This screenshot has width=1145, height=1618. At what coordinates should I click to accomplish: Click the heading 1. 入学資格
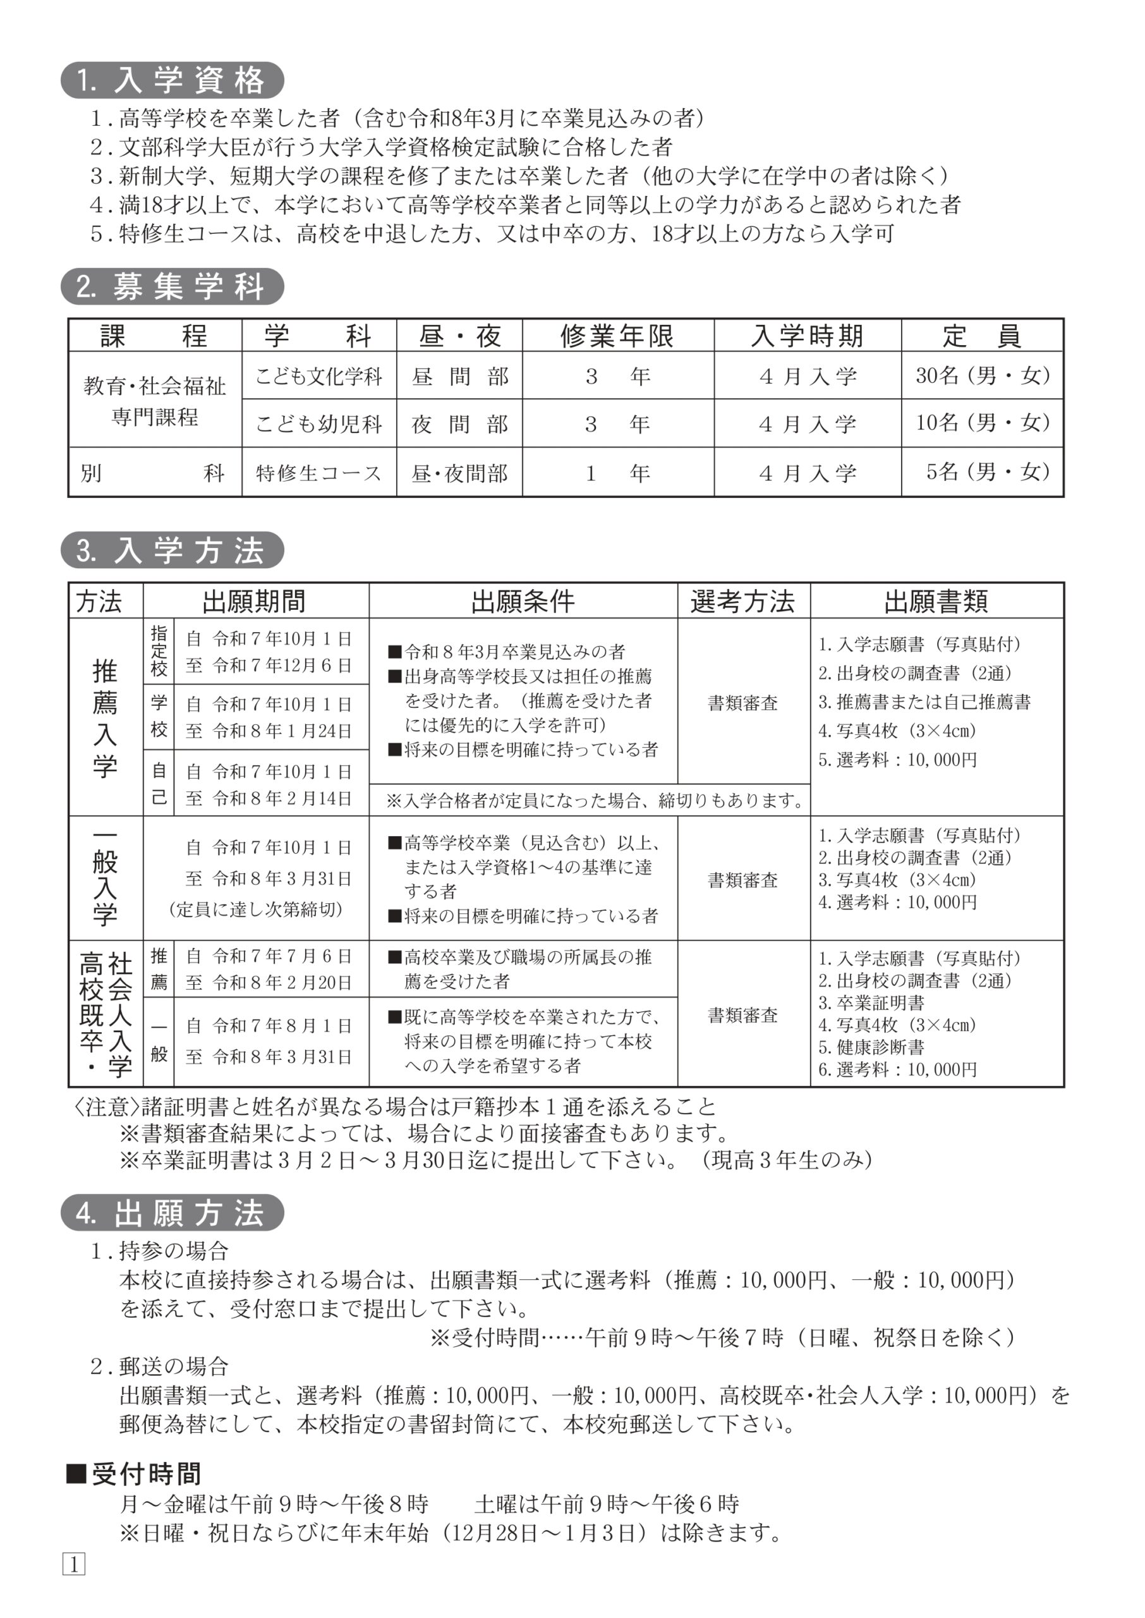point(172,80)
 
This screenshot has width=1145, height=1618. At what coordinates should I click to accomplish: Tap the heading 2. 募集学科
point(172,287)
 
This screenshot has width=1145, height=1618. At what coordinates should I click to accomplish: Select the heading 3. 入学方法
point(172,550)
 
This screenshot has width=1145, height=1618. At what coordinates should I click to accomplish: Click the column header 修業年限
point(617,336)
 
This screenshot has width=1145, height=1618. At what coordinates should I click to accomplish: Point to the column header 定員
point(981,336)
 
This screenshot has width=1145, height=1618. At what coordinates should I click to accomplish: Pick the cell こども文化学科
point(318,376)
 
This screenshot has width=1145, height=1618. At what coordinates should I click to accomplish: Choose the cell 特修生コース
point(318,472)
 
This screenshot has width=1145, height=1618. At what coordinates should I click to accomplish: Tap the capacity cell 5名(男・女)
point(987,471)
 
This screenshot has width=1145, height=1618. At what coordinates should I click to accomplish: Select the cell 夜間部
point(459,423)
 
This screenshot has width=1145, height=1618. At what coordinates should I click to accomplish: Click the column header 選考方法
point(742,601)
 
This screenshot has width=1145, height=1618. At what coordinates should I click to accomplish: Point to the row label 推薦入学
point(105,718)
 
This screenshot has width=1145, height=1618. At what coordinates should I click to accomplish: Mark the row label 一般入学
point(105,879)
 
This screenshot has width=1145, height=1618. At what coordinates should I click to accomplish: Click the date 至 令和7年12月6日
point(269,665)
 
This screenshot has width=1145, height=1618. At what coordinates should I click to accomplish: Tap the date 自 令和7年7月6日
point(269,956)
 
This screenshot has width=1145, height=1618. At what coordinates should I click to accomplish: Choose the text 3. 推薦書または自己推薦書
point(924,702)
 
